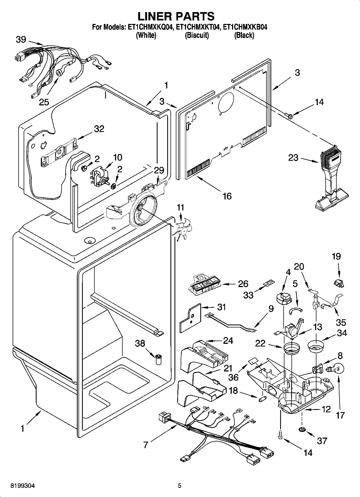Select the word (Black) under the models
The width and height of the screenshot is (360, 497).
244,35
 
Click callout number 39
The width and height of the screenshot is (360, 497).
21,40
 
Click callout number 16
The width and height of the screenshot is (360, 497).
227,196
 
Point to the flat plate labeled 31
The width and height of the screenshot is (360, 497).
190,318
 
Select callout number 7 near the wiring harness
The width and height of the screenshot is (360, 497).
145,445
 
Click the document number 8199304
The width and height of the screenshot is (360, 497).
23,486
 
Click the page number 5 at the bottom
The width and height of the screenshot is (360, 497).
180,486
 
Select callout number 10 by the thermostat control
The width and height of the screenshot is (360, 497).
117,157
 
